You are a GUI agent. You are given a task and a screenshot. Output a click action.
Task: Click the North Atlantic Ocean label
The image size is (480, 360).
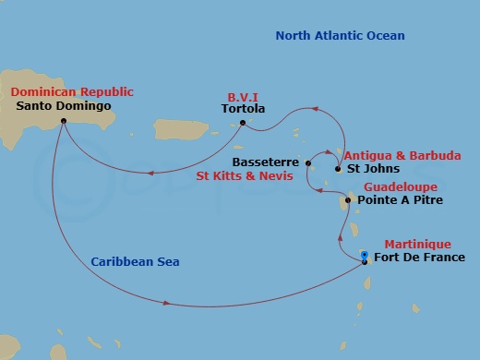tap(340, 36)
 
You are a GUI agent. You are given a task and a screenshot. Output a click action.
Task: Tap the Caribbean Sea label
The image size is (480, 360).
tap(135, 262)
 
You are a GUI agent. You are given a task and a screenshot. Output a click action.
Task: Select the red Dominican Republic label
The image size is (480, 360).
tap(72, 91)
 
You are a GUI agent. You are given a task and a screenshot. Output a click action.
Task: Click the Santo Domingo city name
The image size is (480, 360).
tap(65, 106)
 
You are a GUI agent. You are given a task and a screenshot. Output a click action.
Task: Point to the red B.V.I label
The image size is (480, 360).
tap(243, 95)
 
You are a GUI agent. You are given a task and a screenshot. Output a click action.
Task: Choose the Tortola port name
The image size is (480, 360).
tap(244, 109)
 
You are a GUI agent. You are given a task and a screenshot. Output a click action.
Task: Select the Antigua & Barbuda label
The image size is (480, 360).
tap(390, 155)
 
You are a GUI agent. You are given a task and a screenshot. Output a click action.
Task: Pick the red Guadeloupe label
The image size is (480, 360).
tap(392, 185)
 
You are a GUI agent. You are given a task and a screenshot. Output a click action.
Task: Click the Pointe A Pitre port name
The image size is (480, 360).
tap(394, 199)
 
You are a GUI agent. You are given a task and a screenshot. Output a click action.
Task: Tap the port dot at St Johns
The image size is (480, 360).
tap(336, 170)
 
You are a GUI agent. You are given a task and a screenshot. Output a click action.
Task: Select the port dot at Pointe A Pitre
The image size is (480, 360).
tap(347, 199)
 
